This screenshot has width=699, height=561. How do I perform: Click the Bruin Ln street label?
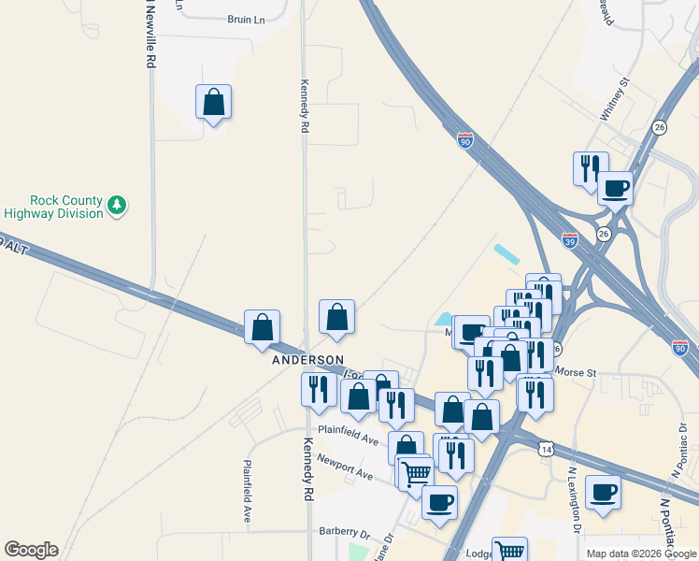tap(247, 19)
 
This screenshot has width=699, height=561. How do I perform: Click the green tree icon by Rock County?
tap(117, 205)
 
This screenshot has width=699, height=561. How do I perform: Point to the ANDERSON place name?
tap(308, 360)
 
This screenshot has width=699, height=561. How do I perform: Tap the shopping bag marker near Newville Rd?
tap(213, 104)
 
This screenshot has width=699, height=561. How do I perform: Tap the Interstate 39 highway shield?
tap(570, 240)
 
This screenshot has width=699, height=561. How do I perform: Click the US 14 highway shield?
tap(545, 450)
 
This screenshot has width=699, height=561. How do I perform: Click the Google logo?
tap(31, 550)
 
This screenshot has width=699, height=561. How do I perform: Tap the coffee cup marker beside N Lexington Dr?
tap(604, 492)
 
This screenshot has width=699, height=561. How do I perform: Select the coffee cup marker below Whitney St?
tap(615, 188)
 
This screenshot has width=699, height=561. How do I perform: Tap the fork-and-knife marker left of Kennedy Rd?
tap(318, 388)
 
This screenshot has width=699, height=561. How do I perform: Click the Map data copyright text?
tap(641, 554)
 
